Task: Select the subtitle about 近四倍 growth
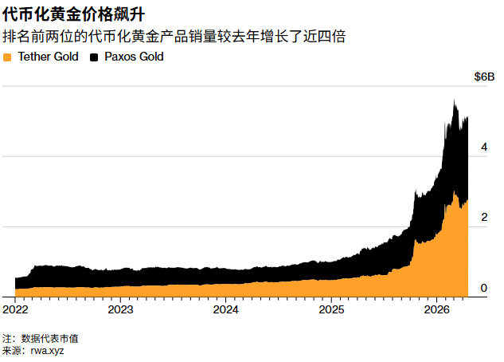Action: tap(174, 37)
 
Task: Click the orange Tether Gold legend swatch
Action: tap(8, 57)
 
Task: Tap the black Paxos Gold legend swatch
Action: tap(95, 57)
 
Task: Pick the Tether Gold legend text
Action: tap(48, 57)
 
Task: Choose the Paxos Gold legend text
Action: tap(134, 57)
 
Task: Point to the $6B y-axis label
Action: tap(484, 77)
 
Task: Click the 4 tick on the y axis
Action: tap(483, 148)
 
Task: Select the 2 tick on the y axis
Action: tap(483, 218)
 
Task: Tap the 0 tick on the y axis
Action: tap(483, 287)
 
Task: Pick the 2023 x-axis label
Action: tap(120, 309)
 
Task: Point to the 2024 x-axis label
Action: tap(226, 309)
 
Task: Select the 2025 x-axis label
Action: tap(331, 309)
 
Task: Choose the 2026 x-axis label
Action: tap(437, 309)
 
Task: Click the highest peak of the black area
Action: tap(454, 101)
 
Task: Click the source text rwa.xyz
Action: tap(47, 350)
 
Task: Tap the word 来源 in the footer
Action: tap(12, 350)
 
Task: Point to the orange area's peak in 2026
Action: tap(454, 192)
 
